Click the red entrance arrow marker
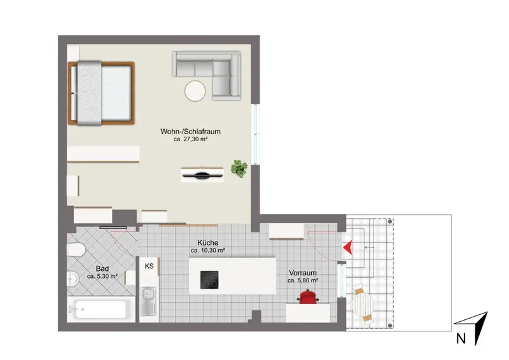(348, 247)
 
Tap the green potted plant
(239, 169)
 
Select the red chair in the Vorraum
(308, 297)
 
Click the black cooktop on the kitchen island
(209, 280)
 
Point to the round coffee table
(195, 91)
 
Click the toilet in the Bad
(76, 250)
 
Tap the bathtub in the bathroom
(101, 309)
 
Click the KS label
(149, 267)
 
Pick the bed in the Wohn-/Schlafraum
(101, 93)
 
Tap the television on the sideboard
(202, 176)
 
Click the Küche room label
(208, 243)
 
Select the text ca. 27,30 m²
(190, 139)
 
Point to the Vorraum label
(303, 273)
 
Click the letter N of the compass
(461, 338)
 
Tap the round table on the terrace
(363, 305)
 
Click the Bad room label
(102, 269)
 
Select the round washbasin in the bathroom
(73, 279)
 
